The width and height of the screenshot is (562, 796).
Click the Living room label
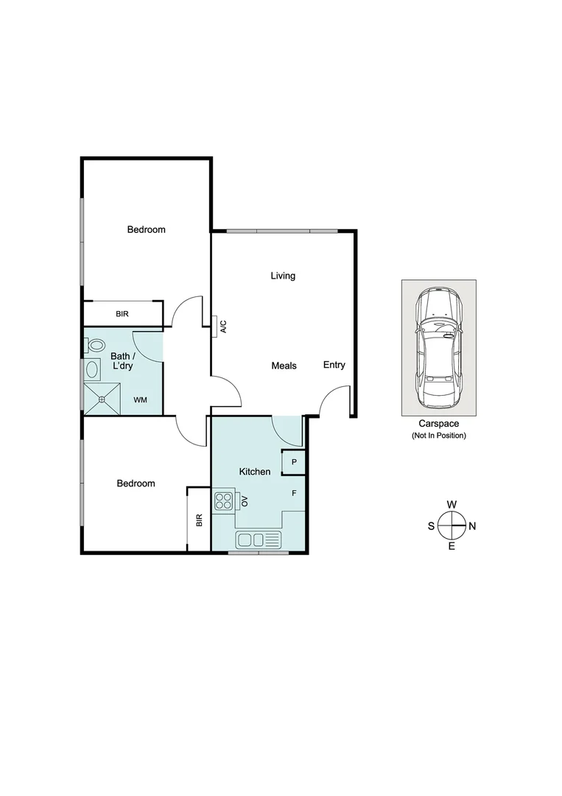(x=283, y=276)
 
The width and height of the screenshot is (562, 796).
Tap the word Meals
(x=284, y=366)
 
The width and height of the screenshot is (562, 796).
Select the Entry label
(x=334, y=365)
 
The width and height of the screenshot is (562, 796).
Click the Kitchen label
(x=255, y=472)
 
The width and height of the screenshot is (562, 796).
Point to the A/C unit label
(x=223, y=327)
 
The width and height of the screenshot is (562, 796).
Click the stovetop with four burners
(x=223, y=502)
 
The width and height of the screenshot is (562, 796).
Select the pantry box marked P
(x=294, y=462)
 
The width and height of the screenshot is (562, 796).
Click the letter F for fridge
(x=294, y=493)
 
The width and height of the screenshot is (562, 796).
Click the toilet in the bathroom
(x=94, y=345)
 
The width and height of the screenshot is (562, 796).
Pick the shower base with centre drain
(x=102, y=399)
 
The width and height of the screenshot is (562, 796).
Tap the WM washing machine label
(x=140, y=400)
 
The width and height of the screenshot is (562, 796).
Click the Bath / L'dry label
(x=122, y=360)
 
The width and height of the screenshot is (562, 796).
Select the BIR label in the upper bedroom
(x=122, y=314)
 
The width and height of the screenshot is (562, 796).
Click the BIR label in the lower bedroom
(x=199, y=520)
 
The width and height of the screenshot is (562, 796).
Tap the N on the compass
(x=473, y=526)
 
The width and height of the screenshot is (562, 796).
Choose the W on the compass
(x=452, y=504)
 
